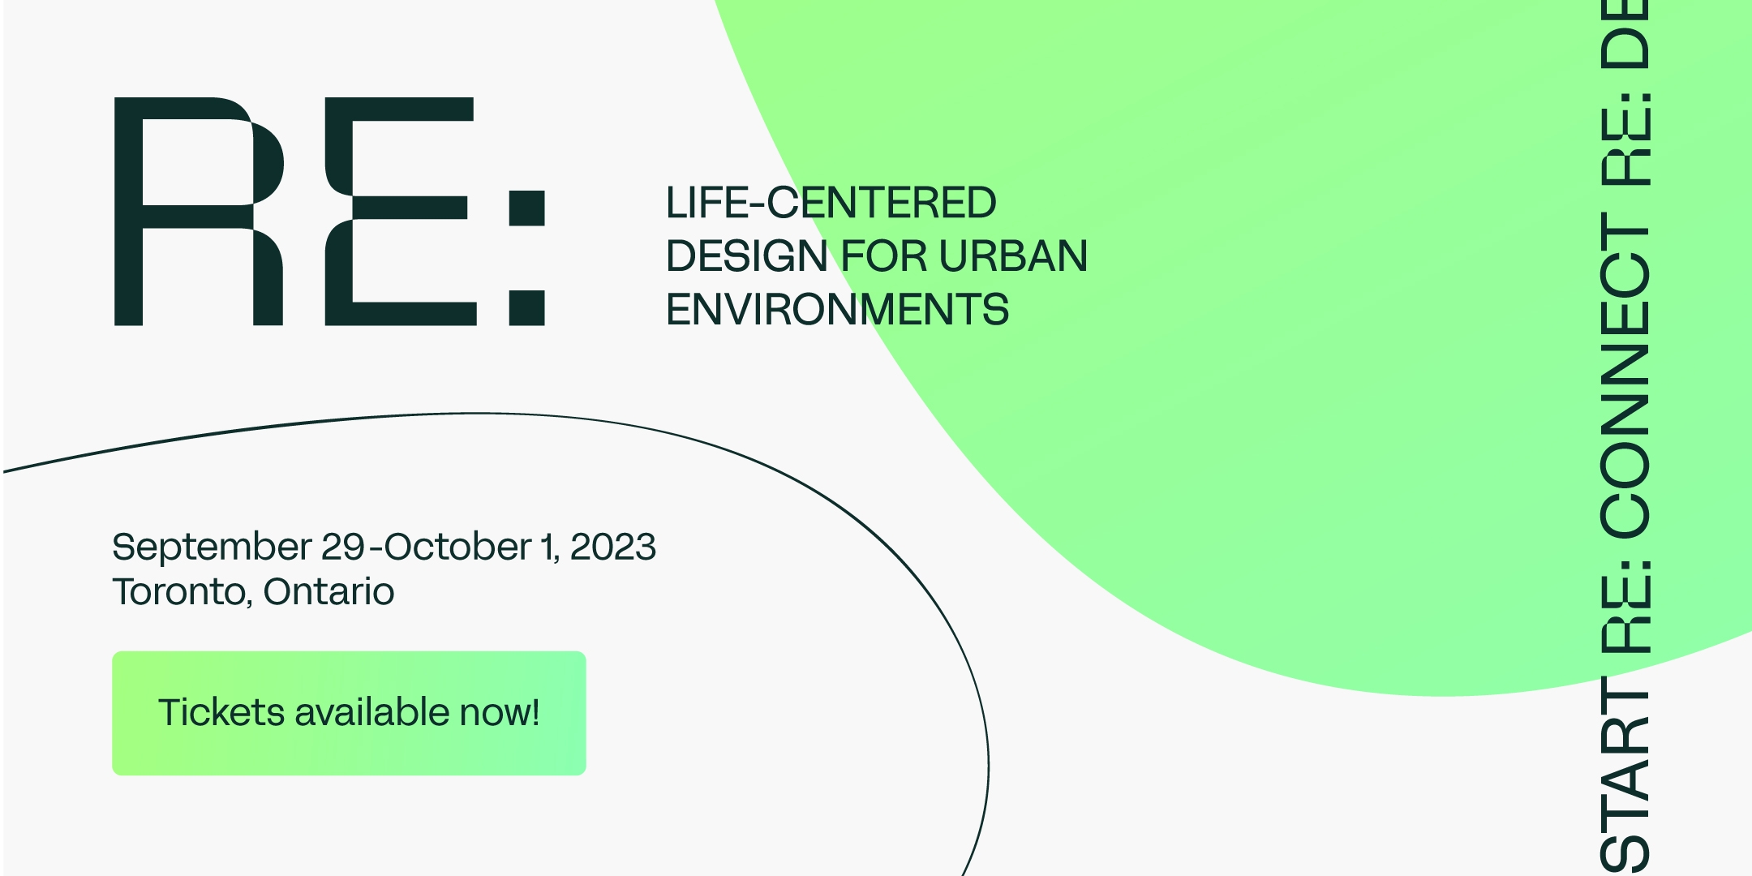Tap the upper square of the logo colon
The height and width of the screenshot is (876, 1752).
coord(526,208)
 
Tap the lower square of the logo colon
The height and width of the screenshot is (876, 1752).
coord(526,308)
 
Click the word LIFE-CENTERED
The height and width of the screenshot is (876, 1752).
coord(831,203)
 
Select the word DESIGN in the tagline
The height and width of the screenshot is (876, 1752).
coord(746,256)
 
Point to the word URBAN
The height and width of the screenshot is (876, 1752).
coord(1013,256)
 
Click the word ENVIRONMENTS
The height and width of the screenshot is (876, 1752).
coord(837,310)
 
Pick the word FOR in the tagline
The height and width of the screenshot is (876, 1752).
coord(883,256)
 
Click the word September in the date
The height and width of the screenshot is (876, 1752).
coord(212,547)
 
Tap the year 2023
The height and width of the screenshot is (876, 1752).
coord(612,547)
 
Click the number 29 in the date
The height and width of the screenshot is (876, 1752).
coord(343,547)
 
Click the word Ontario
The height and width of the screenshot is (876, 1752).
coord(328,591)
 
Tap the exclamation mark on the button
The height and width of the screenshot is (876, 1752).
coord(535,711)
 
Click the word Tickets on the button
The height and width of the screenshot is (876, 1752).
coord(221,711)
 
